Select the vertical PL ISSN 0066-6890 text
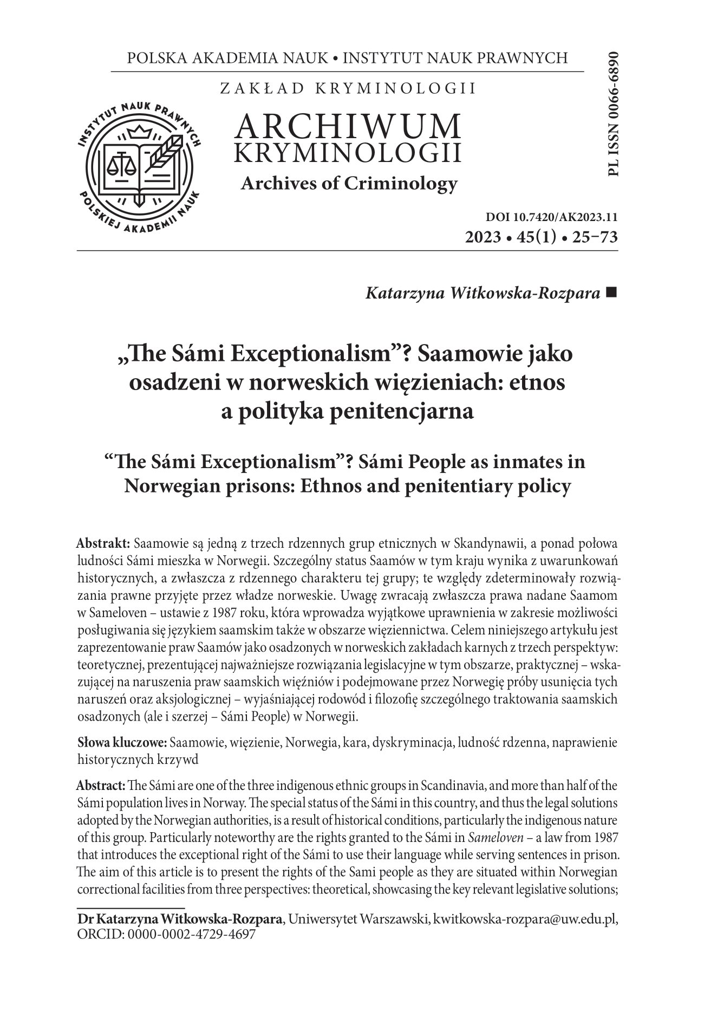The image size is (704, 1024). [612, 114]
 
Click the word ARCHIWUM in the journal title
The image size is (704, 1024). [348, 126]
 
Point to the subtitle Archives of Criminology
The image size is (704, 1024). [349, 184]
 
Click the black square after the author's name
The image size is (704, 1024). [612, 293]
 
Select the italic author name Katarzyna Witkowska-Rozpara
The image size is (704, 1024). [484, 294]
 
